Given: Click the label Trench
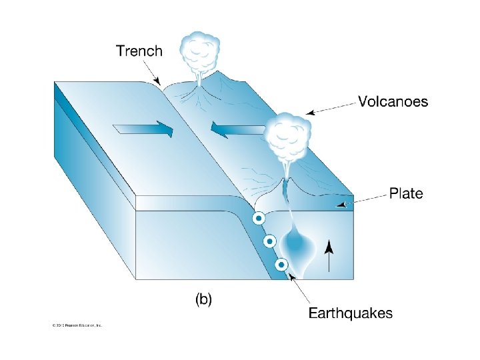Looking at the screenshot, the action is (139, 51).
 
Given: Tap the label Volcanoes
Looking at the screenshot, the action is (393, 102).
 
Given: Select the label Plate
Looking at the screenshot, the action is (406, 194).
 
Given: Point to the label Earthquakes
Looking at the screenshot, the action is (350, 313).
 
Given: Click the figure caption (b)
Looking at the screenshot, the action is (203, 300).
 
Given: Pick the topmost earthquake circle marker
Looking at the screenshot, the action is (257, 219).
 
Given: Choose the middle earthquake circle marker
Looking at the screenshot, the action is (270, 241).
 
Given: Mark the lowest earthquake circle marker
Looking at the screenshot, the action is (282, 264).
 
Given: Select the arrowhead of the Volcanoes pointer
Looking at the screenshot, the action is (307, 112).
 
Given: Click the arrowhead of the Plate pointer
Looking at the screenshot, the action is (341, 205).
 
